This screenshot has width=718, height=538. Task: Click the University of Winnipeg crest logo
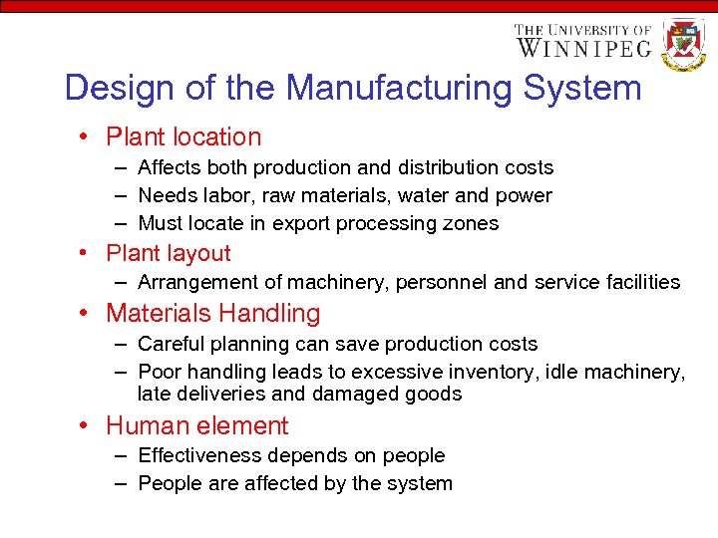point(683,43)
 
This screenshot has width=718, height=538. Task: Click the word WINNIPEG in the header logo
point(583,47)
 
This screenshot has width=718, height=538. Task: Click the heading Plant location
point(183,137)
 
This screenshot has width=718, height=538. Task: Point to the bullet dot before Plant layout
point(89,254)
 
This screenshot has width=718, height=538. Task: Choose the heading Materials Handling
point(213,313)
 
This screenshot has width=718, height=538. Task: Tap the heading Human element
point(196,425)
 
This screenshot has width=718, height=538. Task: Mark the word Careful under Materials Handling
point(168,344)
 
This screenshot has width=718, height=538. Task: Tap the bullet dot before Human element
point(89,426)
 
